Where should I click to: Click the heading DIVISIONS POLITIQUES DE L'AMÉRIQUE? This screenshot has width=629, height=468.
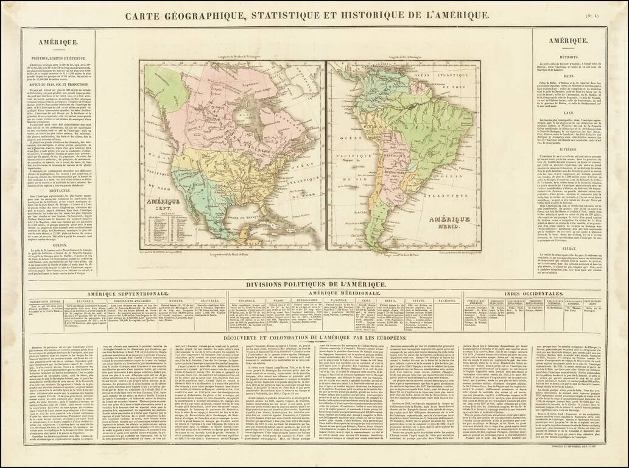[x=314, y=285]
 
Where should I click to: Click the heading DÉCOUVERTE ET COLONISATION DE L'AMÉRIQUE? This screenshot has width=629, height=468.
[x=314, y=337]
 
